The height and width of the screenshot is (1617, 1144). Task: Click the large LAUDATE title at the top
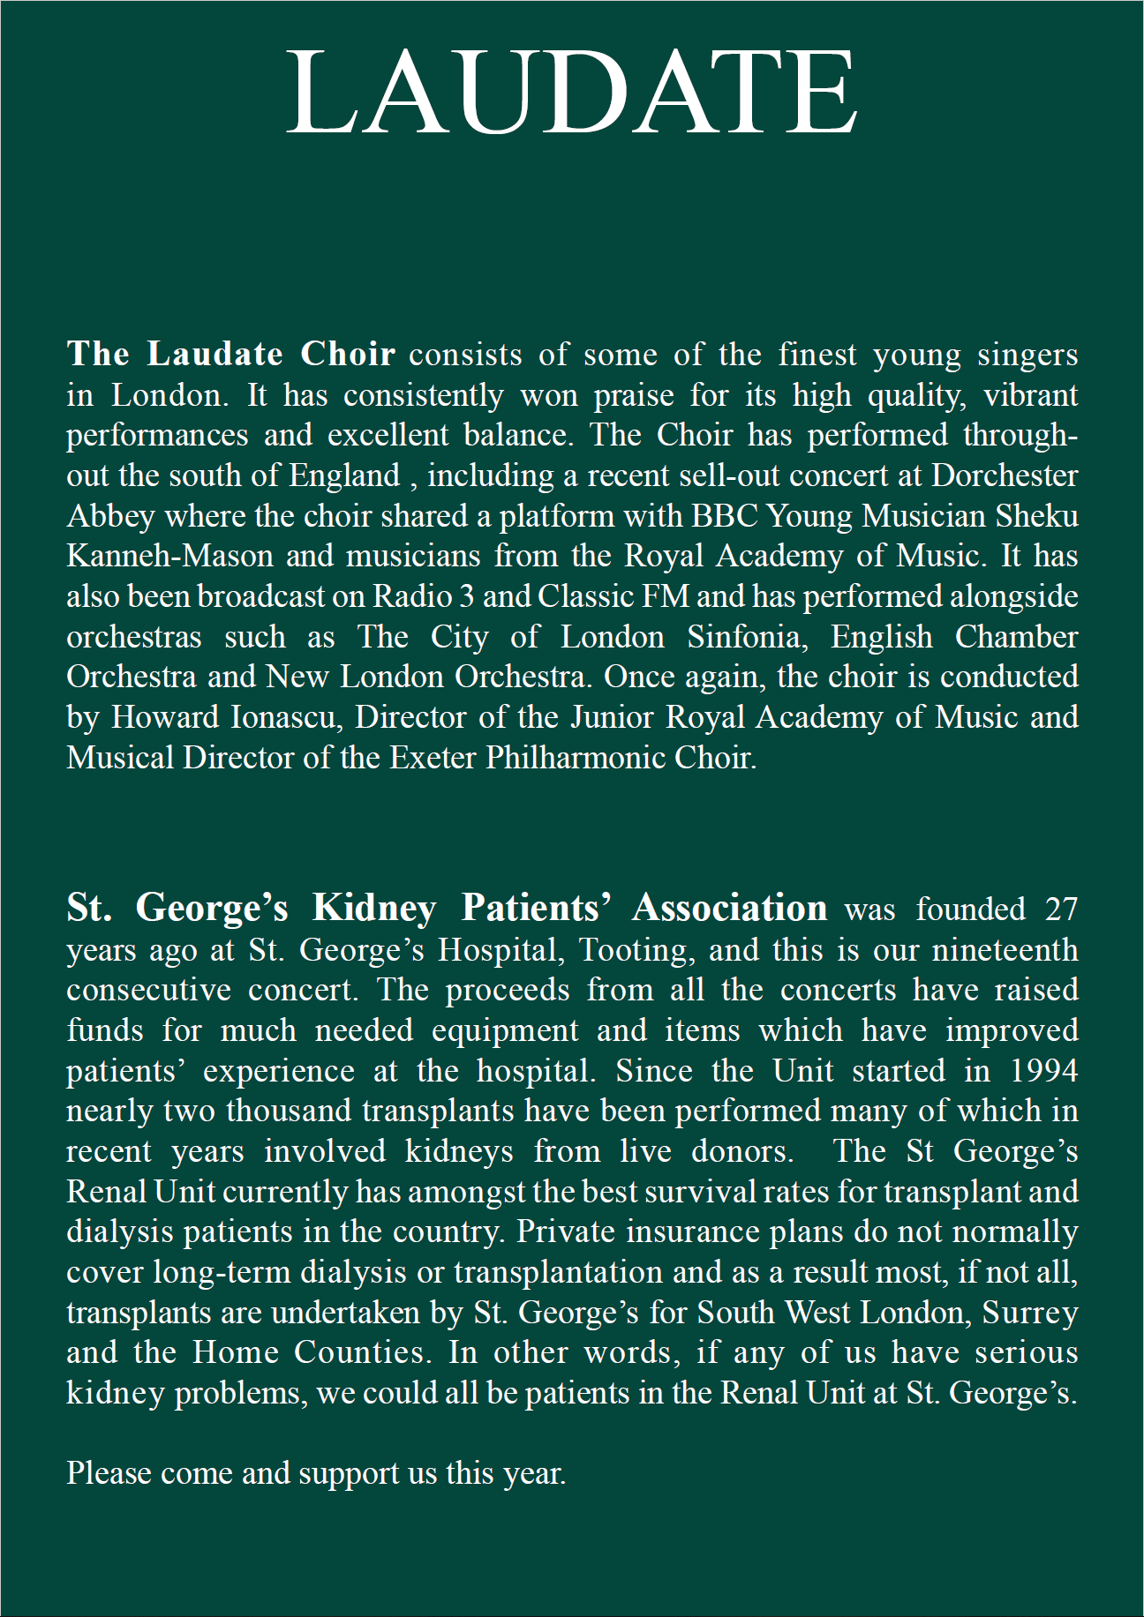(572, 93)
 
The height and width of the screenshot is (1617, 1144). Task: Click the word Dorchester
(1005, 475)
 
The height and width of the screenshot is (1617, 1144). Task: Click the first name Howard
(164, 717)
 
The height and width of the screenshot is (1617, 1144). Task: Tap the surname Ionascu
(286, 717)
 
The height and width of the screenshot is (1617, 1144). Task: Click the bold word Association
(729, 908)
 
